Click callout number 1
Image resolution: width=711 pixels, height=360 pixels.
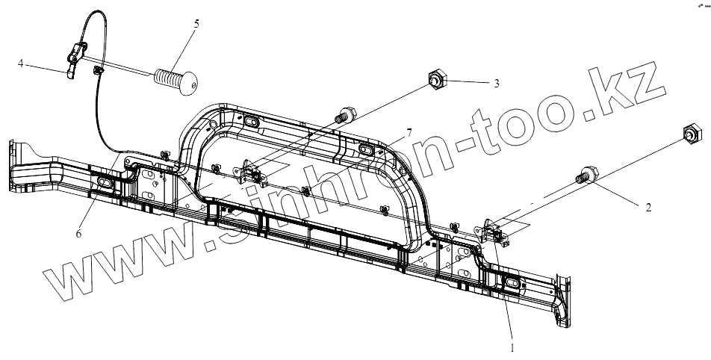(x=512, y=347)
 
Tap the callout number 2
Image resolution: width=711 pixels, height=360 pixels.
(x=648, y=208)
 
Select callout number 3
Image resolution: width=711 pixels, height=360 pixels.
(x=496, y=84)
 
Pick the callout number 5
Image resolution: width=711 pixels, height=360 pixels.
(x=196, y=23)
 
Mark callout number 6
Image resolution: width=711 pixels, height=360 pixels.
(x=78, y=234)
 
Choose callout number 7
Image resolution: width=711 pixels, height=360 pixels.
(x=409, y=132)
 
